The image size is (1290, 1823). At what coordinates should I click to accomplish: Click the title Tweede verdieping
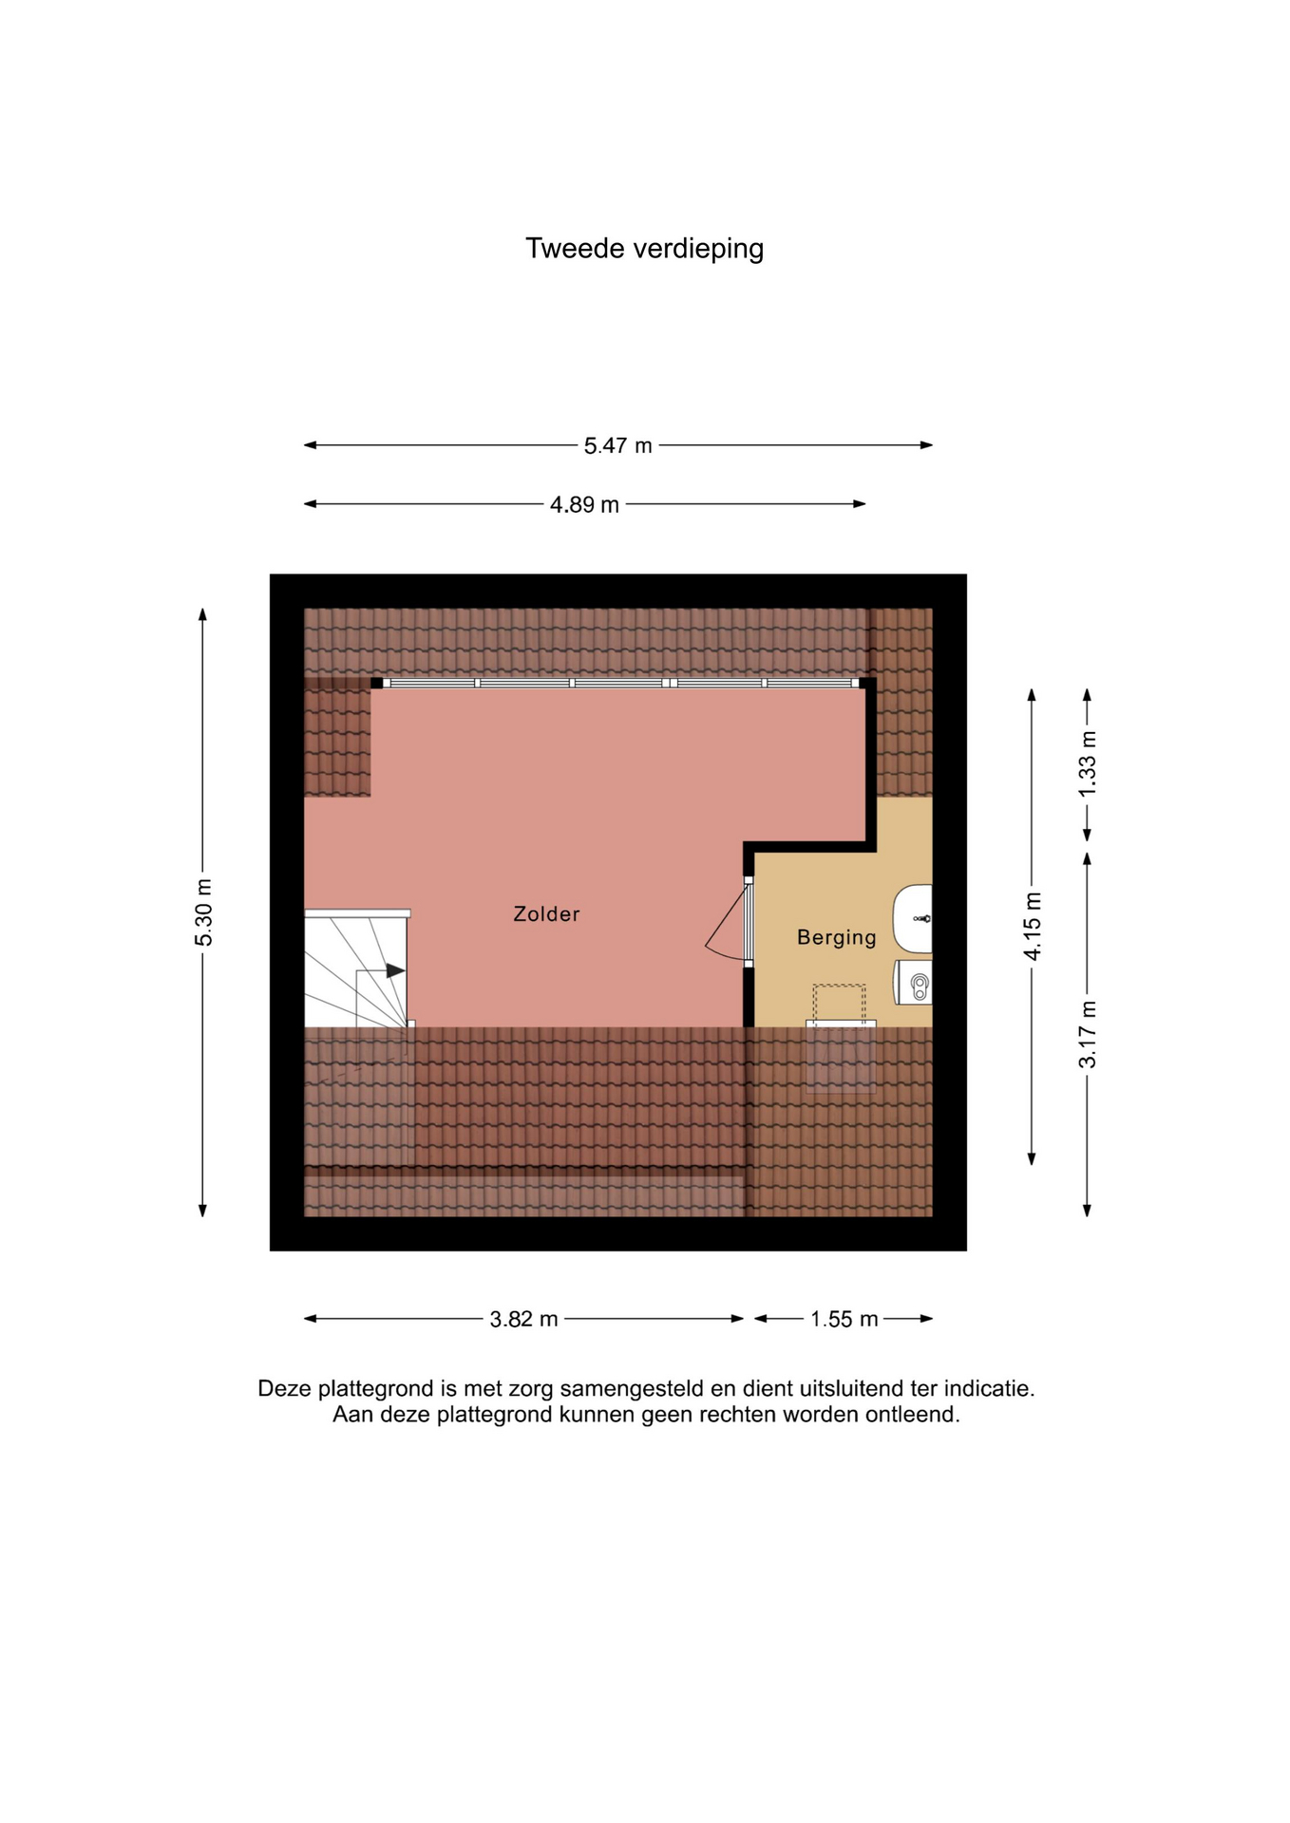(x=644, y=249)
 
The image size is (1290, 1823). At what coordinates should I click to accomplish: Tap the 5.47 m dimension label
(x=617, y=445)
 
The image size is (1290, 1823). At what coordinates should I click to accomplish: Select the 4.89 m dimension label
(x=584, y=504)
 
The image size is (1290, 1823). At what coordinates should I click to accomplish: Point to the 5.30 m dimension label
(x=203, y=912)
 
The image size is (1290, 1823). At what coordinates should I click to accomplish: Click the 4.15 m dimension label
(x=1033, y=927)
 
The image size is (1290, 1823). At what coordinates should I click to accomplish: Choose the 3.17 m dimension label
(x=1088, y=1034)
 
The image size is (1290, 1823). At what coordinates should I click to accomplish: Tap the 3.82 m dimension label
(x=523, y=1319)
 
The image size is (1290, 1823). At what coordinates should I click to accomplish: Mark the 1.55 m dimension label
(x=844, y=1319)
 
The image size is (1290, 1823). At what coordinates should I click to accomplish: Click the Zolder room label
(x=546, y=914)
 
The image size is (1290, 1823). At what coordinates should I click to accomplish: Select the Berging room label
(x=837, y=938)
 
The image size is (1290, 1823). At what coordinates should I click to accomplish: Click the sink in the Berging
(x=913, y=918)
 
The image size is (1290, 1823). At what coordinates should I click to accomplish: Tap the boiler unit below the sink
(x=913, y=983)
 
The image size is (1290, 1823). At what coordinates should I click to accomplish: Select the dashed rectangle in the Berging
(x=839, y=1005)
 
